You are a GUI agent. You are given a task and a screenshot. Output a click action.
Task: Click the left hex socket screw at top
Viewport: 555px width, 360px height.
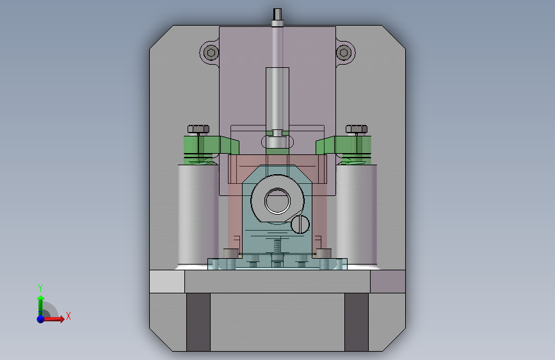coord(211,53)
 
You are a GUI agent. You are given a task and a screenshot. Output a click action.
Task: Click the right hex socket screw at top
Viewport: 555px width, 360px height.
coord(344,53)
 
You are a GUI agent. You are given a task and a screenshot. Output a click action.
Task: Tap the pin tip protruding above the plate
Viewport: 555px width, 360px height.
coord(278,14)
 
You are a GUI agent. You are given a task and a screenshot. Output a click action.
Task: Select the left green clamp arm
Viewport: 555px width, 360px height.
coord(211,145)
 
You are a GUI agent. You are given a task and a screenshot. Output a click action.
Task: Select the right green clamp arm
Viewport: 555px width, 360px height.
coord(343,145)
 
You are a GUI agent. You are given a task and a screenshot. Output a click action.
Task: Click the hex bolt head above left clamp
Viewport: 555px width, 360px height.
coord(198,129)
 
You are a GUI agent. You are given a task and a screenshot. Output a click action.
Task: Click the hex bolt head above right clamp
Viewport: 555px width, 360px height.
coord(357,129)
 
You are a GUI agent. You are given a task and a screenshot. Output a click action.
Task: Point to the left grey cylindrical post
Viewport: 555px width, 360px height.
coord(198,215)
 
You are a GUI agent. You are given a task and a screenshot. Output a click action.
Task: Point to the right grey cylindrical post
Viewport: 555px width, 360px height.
coord(357,215)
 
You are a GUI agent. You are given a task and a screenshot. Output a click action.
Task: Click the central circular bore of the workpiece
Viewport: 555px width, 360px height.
coord(278,201)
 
